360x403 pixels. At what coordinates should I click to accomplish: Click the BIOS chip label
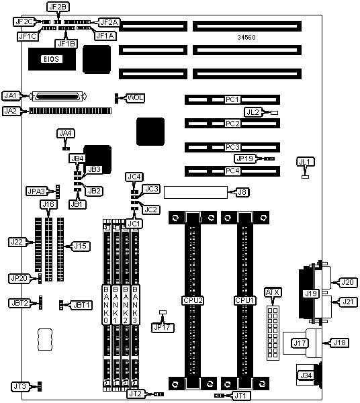[52, 59]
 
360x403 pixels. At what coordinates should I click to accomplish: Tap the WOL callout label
[136, 97]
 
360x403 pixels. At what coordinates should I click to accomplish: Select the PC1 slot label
[232, 99]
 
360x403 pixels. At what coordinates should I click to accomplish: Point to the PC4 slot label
[232, 171]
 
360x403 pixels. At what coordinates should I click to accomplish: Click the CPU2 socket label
[193, 300]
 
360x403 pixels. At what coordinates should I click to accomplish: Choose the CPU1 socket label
[244, 300]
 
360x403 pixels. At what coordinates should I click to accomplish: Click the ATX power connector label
[273, 292]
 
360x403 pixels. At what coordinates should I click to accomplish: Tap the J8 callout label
[242, 191]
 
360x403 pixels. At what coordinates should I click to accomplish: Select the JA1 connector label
[11, 95]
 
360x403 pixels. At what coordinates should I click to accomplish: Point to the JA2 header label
[11, 111]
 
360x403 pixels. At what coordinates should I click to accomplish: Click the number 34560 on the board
[246, 37]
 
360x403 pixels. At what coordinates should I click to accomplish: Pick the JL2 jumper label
[253, 112]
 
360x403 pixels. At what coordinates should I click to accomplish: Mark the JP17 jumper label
[163, 328]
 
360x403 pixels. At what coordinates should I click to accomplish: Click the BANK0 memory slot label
[106, 305]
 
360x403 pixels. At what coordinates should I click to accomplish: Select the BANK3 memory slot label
[135, 305]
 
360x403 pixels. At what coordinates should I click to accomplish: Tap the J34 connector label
[306, 375]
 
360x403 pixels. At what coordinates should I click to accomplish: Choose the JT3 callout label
[19, 386]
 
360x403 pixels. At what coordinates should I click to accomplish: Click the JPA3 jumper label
[36, 191]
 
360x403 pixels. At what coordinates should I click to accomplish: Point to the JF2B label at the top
[58, 7]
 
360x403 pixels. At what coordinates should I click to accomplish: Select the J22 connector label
[17, 242]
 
